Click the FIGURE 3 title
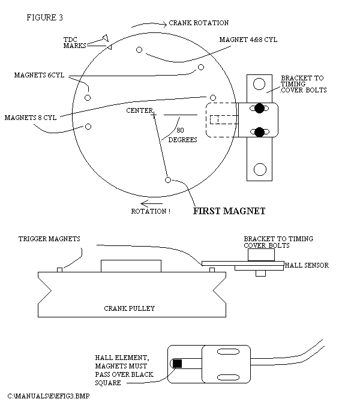point(44,17)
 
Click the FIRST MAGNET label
point(229,211)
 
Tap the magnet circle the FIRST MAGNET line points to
point(168,179)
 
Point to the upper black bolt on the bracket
point(259,109)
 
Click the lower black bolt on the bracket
point(259,132)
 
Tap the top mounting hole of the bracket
point(259,83)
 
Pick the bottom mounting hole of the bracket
point(259,169)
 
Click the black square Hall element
point(178,363)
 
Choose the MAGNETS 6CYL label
point(39,76)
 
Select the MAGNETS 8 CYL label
point(31,118)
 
